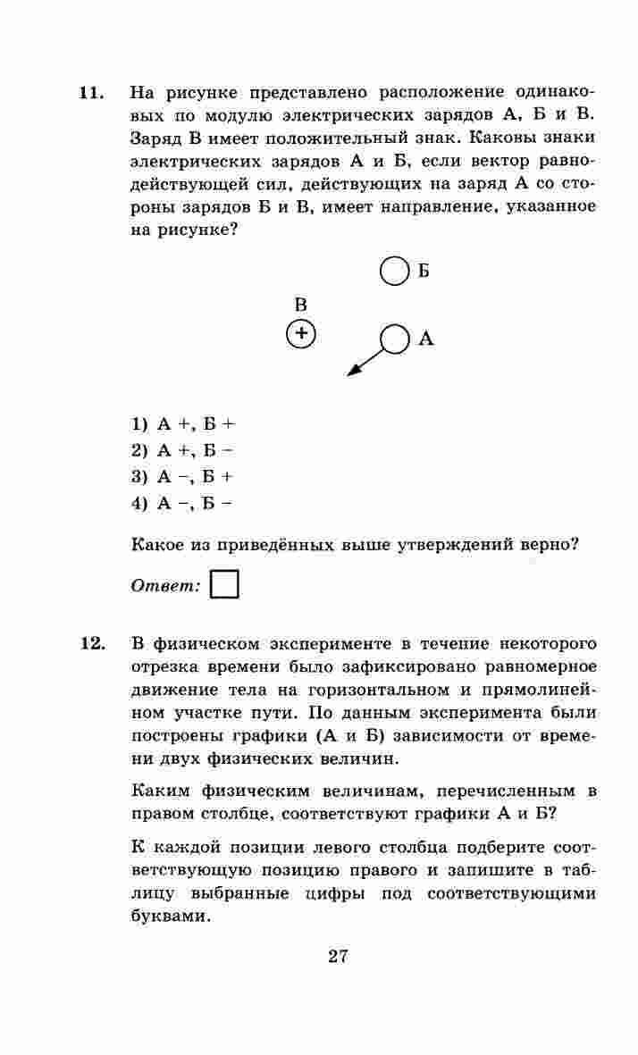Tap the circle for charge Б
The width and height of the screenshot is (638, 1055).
tap(393, 272)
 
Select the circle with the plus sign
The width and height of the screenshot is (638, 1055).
tap(302, 334)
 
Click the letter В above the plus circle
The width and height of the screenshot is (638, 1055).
tap(301, 305)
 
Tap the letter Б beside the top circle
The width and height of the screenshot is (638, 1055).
tap(424, 272)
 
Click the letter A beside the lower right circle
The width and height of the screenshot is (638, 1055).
tap(426, 339)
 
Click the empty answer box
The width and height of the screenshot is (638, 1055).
tap(224, 584)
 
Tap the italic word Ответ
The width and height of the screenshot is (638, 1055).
tap(165, 586)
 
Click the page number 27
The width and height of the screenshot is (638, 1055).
tap(338, 957)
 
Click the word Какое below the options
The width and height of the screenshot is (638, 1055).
tap(157, 545)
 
